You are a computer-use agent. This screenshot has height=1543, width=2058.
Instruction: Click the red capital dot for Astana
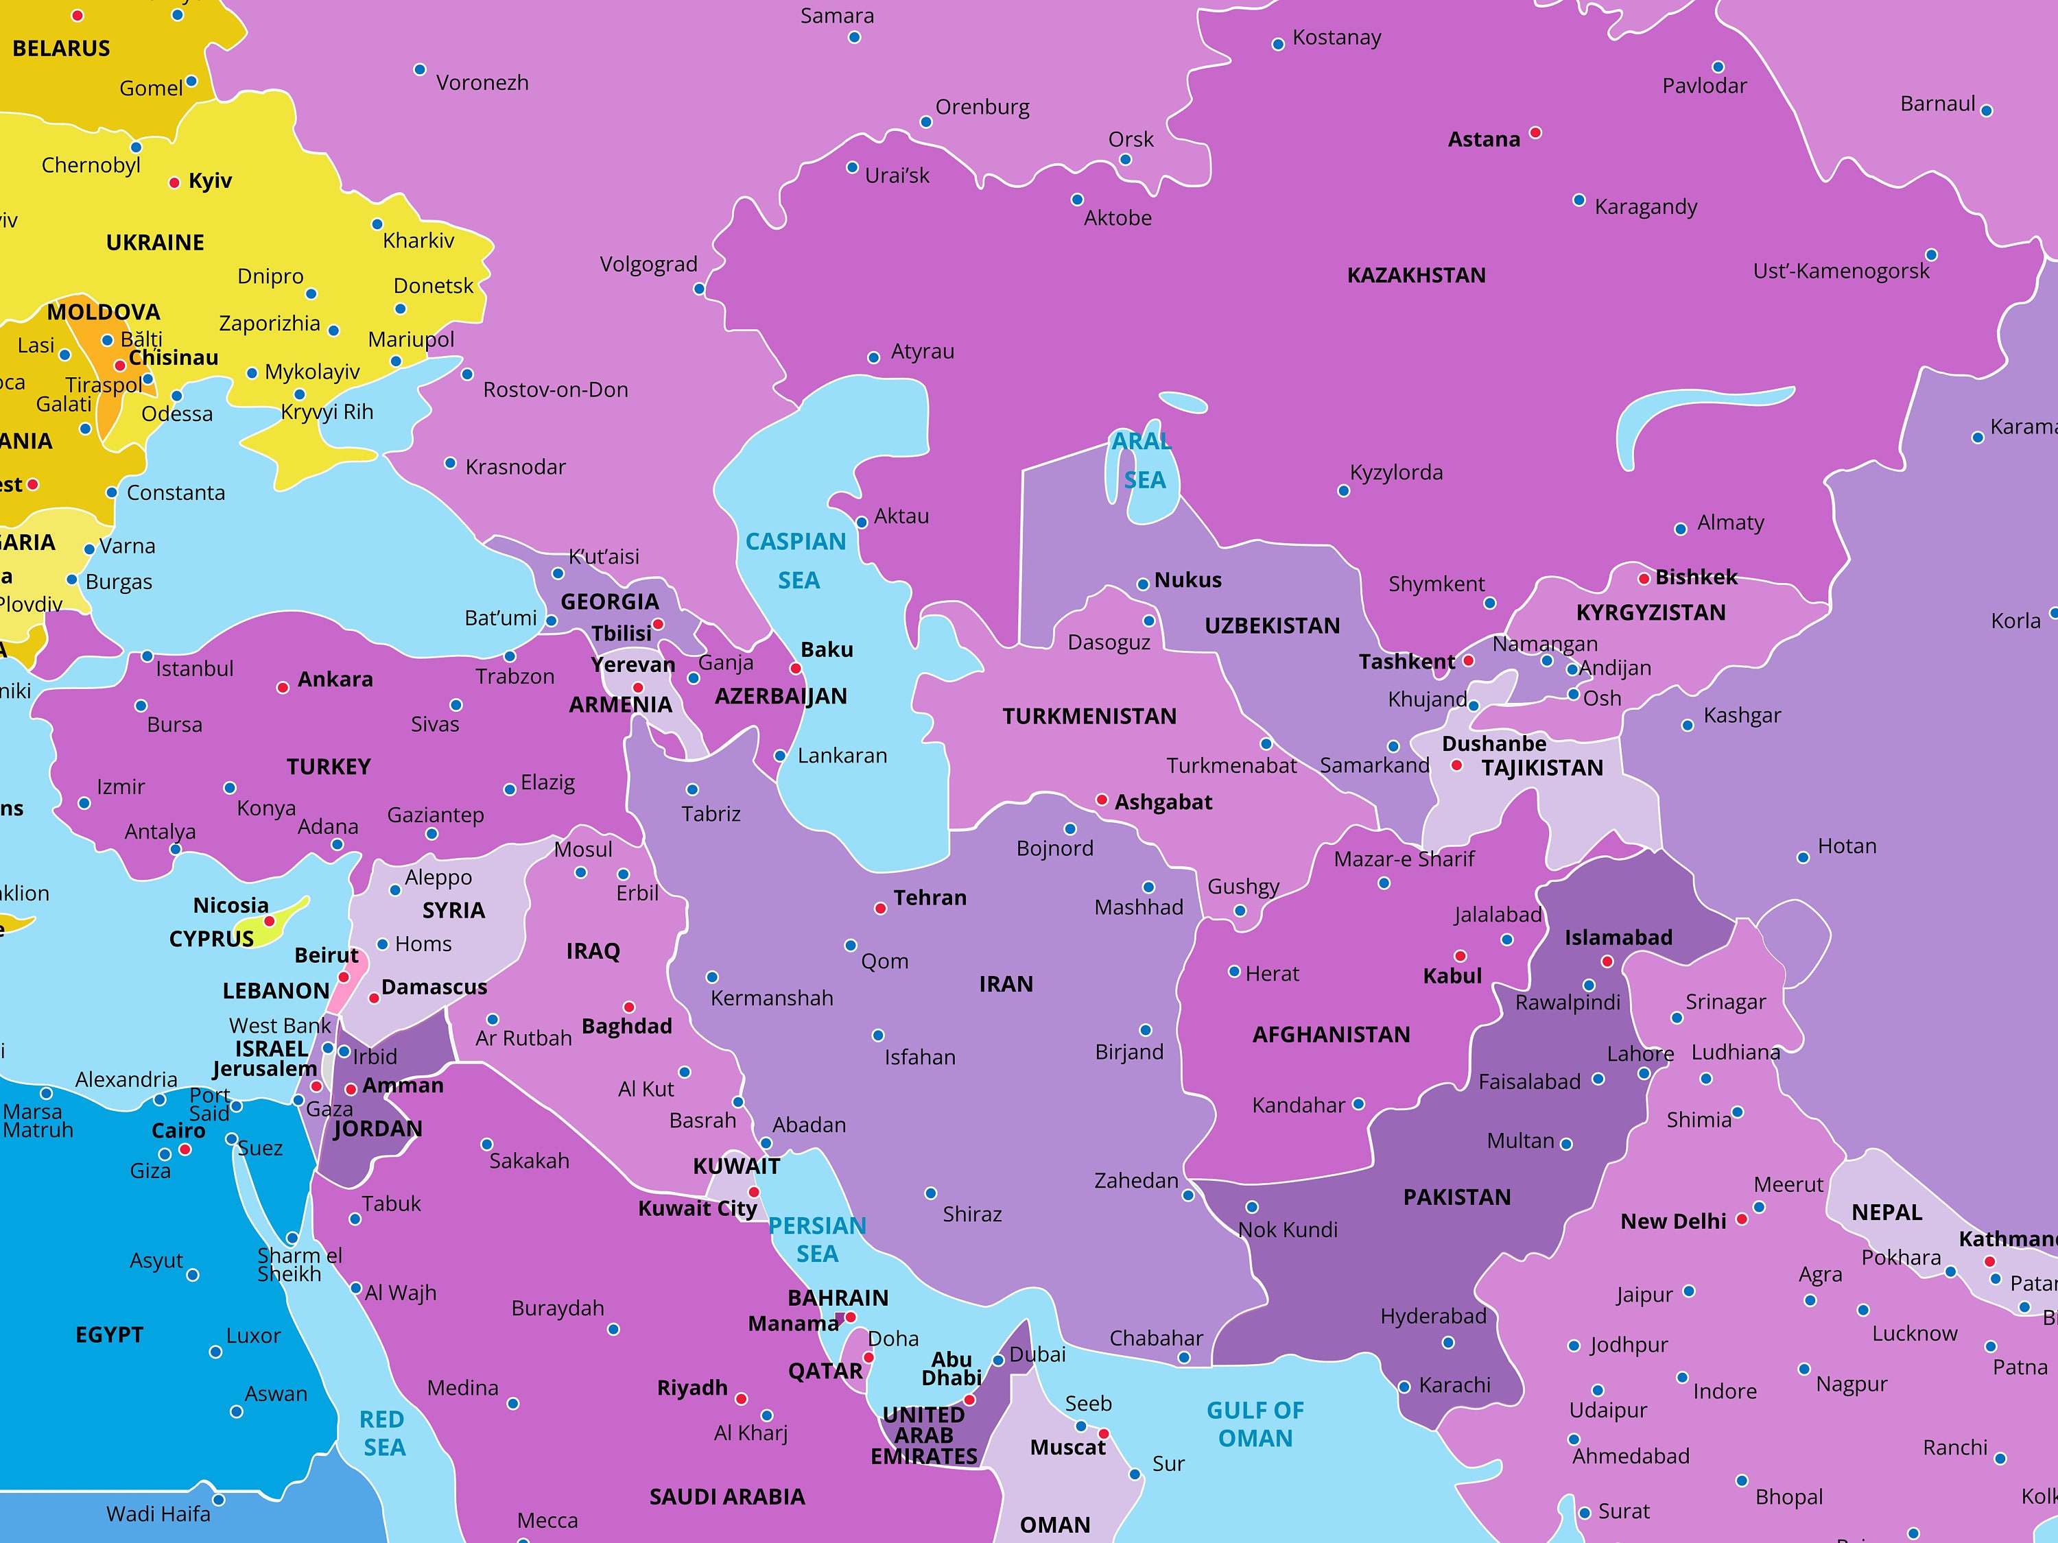click(x=1535, y=133)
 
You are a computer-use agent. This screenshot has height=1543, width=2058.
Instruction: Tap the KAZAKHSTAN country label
click(x=1416, y=275)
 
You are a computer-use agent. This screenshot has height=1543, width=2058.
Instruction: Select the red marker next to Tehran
click(x=880, y=908)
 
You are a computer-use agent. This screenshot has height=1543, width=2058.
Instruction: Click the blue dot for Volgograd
click(x=699, y=289)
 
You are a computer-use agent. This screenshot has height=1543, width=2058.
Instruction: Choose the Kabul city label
click(x=1452, y=976)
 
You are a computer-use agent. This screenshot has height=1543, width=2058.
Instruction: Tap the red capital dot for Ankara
click(x=283, y=687)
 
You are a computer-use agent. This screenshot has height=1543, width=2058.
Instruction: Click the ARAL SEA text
click(x=1142, y=462)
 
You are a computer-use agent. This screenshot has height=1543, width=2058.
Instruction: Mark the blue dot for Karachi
click(x=1404, y=1387)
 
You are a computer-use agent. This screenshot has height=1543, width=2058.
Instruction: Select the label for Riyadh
click(x=692, y=1388)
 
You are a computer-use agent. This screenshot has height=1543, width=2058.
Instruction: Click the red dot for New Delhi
click(x=1742, y=1219)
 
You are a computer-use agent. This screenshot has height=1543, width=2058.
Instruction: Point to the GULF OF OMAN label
click(x=1255, y=1424)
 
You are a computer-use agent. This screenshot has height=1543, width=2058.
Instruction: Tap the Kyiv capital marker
click(x=174, y=182)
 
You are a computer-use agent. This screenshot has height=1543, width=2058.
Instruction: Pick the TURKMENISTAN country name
click(x=1089, y=716)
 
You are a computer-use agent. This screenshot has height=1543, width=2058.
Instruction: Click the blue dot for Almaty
click(x=1680, y=529)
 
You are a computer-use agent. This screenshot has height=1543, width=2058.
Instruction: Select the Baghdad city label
click(x=626, y=1026)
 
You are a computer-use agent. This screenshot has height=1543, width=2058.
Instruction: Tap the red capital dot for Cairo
click(x=185, y=1149)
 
